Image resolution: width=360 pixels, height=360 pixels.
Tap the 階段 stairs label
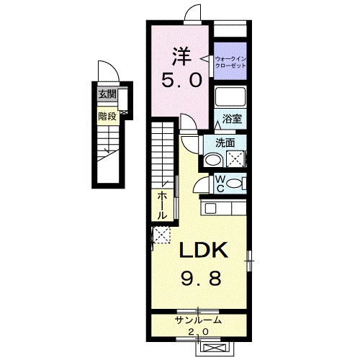click(107, 117)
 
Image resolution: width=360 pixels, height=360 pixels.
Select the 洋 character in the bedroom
click(181, 57)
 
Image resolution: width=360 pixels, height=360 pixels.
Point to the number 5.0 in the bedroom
click(181, 80)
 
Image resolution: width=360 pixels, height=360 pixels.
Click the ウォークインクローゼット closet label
click(230, 62)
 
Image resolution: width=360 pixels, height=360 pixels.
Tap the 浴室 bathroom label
click(232, 119)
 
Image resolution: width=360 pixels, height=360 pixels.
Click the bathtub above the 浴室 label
click(230, 97)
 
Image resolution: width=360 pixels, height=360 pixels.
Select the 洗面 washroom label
click(225, 143)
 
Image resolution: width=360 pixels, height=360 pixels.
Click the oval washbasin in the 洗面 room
click(213, 160)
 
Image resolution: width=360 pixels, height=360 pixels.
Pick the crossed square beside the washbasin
click(235, 158)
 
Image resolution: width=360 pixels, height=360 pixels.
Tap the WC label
click(220, 184)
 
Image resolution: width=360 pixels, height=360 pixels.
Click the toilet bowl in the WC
click(235, 184)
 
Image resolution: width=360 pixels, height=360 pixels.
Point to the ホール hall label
click(162, 206)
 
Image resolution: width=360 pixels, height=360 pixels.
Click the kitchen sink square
click(210, 208)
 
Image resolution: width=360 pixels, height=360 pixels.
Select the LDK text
click(202, 250)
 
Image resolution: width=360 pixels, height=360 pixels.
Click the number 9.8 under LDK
click(201, 279)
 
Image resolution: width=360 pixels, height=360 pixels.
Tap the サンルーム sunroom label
click(198, 320)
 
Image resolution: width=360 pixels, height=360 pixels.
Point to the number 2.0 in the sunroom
click(198, 332)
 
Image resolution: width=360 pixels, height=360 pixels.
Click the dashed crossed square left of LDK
click(161, 235)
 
